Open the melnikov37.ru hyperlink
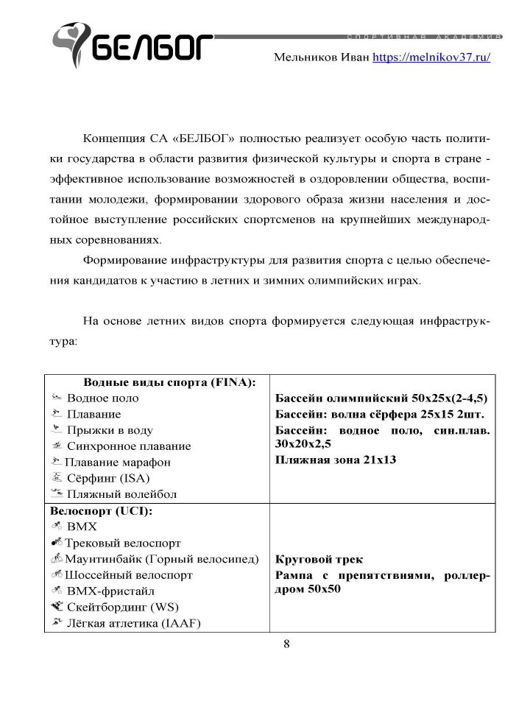click(x=431, y=57)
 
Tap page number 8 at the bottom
click(x=287, y=644)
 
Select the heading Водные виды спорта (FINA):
click(x=169, y=382)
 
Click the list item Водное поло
click(x=102, y=398)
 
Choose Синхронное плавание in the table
click(x=129, y=446)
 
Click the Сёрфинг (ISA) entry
click(x=108, y=479)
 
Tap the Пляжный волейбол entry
click(x=121, y=495)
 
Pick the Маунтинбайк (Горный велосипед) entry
click(x=162, y=560)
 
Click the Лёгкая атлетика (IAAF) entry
click(x=133, y=624)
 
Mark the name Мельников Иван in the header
click(x=321, y=57)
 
